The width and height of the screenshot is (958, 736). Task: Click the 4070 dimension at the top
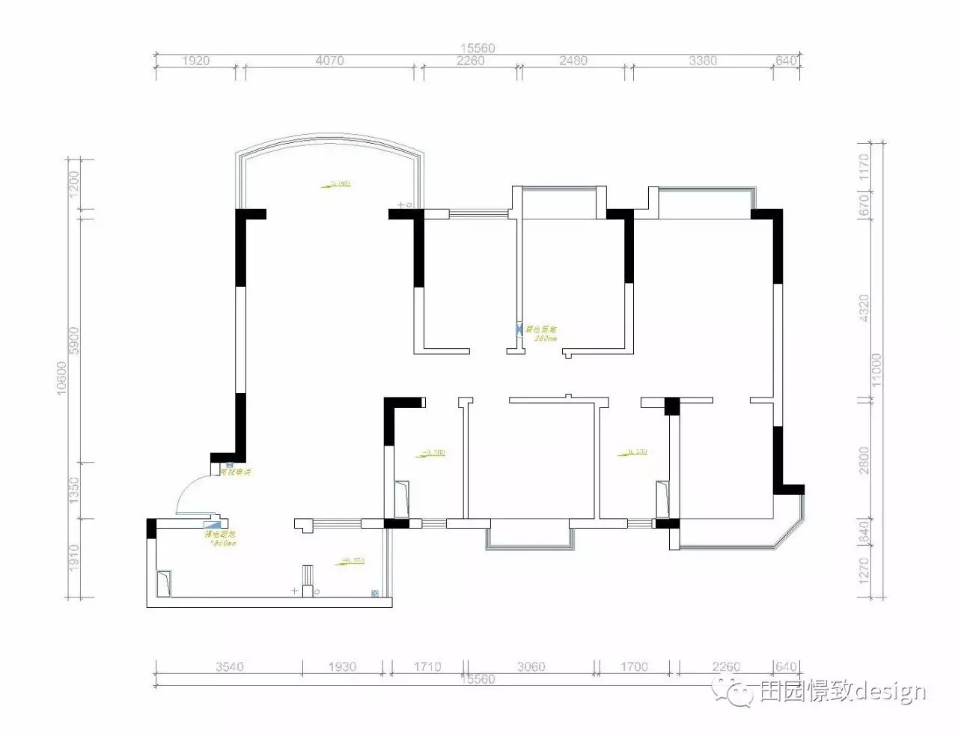329,61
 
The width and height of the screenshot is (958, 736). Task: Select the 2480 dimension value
573,61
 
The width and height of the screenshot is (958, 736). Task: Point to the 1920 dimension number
195,61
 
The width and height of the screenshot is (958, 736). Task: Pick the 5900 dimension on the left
73,341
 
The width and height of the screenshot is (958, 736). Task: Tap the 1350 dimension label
73,490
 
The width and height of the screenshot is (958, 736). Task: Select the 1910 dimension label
73,558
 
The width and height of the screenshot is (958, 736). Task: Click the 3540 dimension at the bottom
229,666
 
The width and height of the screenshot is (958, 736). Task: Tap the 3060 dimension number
531,666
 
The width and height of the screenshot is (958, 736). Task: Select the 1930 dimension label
342,666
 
